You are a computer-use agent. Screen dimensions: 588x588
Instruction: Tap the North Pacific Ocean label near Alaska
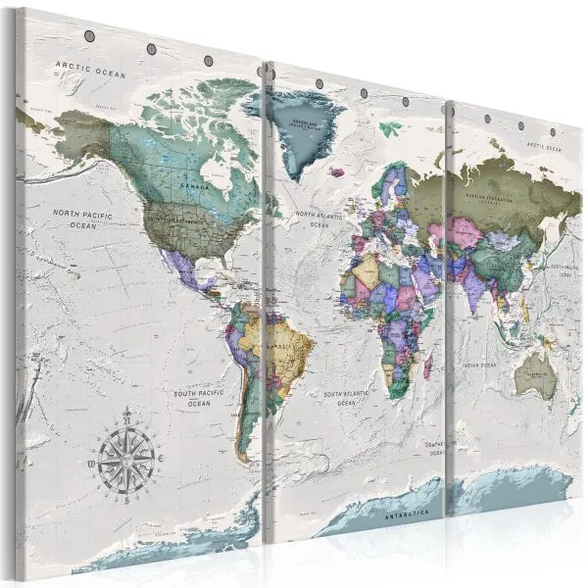point(83,218)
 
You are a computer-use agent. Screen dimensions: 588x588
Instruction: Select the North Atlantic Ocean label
point(319,219)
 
